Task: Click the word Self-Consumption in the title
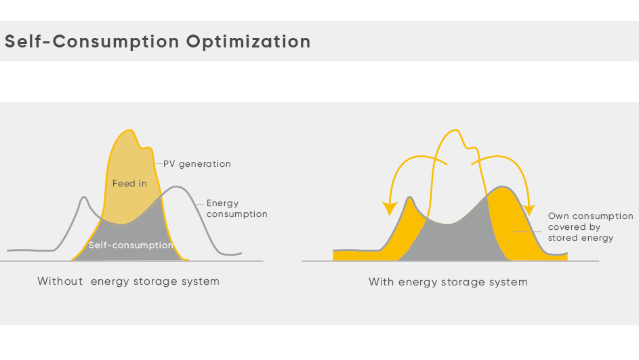click(x=91, y=41)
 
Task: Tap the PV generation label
click(x=197, y=164)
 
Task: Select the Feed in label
click(x=129, y=184)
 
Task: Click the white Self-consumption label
click(x=131, y=245)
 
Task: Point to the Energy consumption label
click(x=236, y=208)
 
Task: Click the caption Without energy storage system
click(x=128, y=281)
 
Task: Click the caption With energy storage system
click(x=449, y=282)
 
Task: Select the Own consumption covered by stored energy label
click(x=590, y=226)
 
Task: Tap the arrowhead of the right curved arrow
click(x=529, y=209)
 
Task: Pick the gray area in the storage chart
click(x=453, y=241)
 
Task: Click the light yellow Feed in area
click(x=129, y=180)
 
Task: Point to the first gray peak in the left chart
click(x=84, y=197)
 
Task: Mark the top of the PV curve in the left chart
click(x=130, y=130)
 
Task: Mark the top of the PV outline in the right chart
click(x=455, y=130)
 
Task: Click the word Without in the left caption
click(x=60, y=281)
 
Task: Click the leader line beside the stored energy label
click(x=527, y=231)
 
